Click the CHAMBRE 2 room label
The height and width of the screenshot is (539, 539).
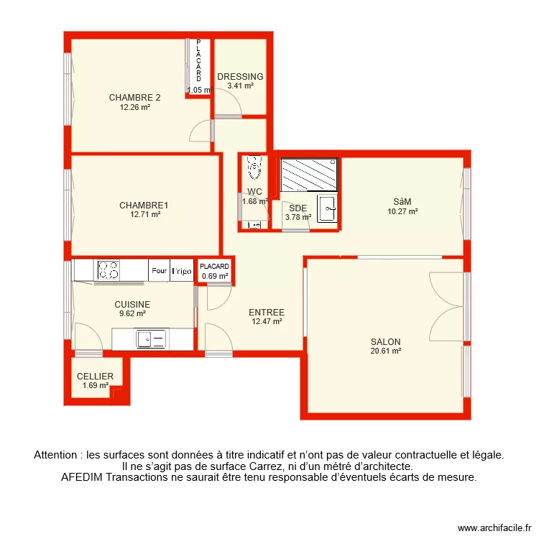134,98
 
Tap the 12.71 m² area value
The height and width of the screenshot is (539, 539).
144,214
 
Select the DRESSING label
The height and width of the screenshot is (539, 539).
240,77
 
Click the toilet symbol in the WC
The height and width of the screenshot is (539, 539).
254,168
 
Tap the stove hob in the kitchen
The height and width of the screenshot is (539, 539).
109,270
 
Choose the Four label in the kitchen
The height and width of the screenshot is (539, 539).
159,271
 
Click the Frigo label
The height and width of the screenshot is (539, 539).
182,271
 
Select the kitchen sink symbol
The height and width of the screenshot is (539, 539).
152,338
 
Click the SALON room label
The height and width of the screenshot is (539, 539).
385,342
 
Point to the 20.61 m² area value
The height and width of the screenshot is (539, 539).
385,351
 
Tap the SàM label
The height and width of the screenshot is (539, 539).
402,202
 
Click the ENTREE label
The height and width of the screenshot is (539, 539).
267,313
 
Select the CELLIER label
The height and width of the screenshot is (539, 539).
96,377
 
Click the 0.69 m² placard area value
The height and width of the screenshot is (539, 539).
215,276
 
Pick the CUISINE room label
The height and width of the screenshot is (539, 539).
132,305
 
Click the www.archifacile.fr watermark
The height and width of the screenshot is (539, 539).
493,526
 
